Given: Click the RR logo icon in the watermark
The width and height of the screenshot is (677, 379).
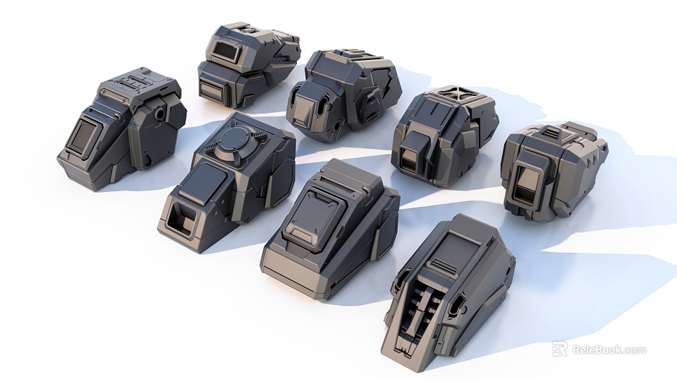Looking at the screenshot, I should click(559, 349).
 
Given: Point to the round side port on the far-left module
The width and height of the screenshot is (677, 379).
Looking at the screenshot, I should click(161, 113).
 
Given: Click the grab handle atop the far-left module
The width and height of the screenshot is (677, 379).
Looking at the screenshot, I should click(133, 83).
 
